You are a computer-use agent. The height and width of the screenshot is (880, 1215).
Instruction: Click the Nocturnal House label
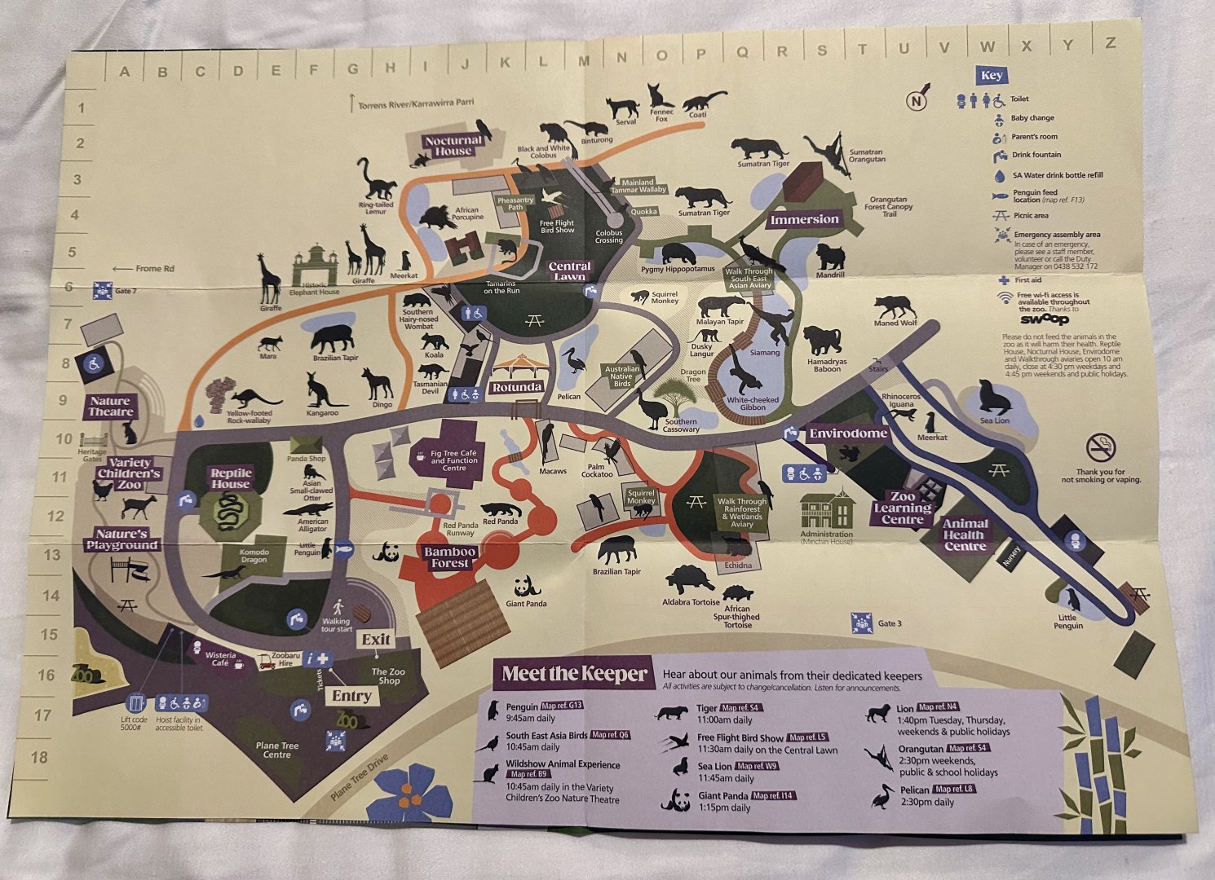click(453, 145)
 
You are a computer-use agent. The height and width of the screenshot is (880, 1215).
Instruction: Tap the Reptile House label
click(231, 478)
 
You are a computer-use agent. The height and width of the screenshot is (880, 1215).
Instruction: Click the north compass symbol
click(917, 99)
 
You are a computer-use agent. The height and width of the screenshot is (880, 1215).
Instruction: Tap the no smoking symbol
click(1101, 447)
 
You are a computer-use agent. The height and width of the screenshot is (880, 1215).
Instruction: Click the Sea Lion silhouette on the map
click(994, 397)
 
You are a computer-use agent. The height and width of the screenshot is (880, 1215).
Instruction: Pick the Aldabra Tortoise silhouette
click(690, 580)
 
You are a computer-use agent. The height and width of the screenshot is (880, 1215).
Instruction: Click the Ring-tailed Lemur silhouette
click(376, 180)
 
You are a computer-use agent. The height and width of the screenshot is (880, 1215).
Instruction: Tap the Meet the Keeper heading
click(574, 674)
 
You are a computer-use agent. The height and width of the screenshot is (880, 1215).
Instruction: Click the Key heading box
click(992, 76)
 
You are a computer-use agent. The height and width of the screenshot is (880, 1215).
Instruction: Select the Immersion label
click(804, 219)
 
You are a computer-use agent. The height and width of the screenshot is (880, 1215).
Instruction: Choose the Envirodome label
click(848, 433)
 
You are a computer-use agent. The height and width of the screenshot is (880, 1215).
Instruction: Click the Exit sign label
click(376, 640)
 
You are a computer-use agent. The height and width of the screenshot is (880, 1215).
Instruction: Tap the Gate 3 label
click(889, 624)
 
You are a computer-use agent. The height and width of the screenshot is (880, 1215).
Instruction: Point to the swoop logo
click(1044, 319)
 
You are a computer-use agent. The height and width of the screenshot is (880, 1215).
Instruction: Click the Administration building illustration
click(826, 510)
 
